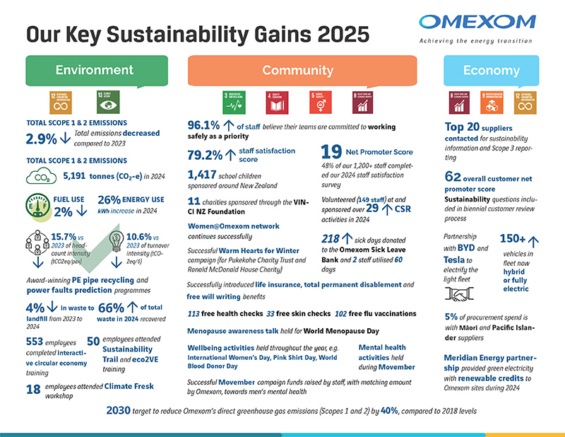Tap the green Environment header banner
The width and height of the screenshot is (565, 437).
[x=95, y=70]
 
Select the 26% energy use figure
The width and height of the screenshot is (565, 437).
[x=109, y=199]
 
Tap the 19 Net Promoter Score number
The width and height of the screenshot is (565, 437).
[x=331, y=152]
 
